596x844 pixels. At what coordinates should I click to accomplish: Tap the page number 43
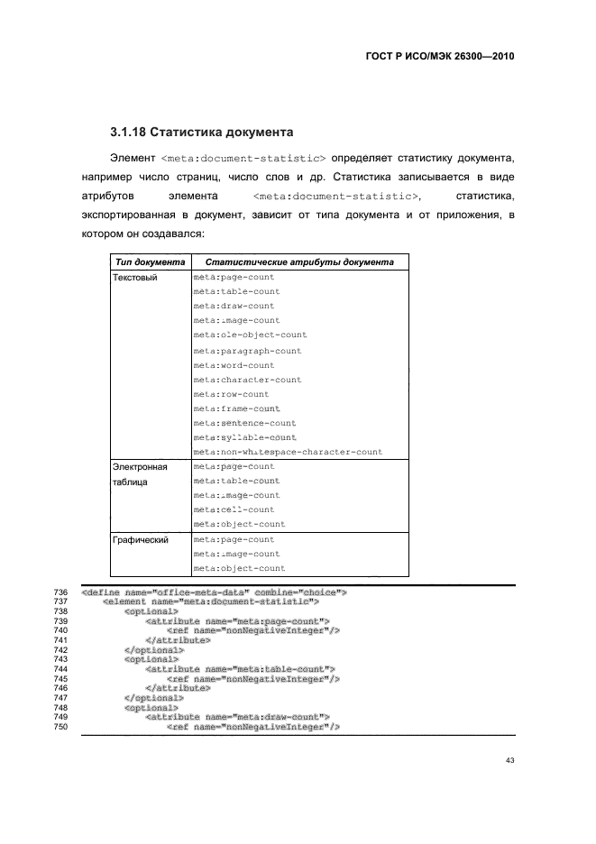click(509, 761)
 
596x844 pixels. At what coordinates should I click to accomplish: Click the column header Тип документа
click(150, 262)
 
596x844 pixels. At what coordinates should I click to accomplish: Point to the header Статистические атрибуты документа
click(299, 262)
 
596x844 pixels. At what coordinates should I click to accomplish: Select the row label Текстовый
click(134, 278)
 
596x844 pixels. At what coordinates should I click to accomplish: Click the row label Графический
click(141, 540)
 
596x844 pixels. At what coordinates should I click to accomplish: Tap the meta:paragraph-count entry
click(247, 351)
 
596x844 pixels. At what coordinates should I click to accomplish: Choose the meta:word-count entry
click(234, 365)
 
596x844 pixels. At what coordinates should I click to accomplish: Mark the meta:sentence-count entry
click(244, 423)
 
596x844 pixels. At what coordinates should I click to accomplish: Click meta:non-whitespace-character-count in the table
click(288, 452)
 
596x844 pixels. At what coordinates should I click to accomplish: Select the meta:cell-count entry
click(234, 509)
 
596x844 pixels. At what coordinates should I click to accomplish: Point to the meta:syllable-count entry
click(244, 437)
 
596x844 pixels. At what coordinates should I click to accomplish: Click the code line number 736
click(62, 592)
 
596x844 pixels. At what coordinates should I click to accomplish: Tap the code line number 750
click(62, 727)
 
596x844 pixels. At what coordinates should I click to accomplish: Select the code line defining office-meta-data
click(215, 592)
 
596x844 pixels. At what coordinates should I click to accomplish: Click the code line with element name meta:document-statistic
click(212, 601)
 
